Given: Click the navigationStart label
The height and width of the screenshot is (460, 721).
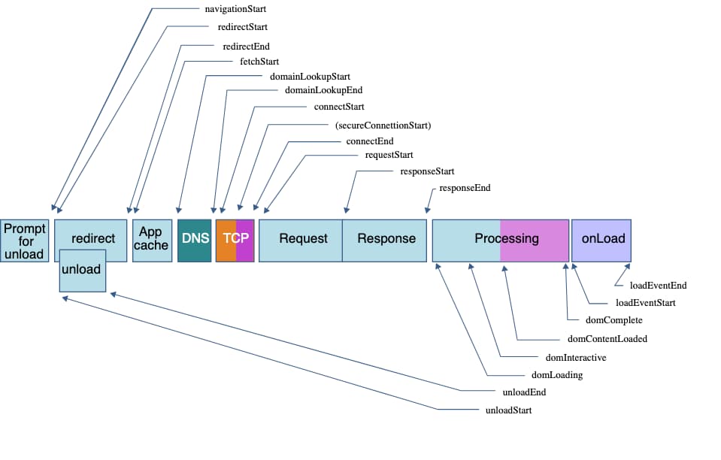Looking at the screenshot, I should tap(235, 9).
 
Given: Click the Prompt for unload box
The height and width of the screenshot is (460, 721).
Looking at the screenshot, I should tap(24, 241).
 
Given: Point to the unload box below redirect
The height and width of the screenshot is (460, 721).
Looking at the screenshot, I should tap(82, 270).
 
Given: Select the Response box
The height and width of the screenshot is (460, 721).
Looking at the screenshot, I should tap(386, 239).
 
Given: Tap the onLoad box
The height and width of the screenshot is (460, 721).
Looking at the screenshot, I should tap(602, 239).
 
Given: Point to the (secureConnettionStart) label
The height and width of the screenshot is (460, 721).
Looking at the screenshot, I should tap(383, 125).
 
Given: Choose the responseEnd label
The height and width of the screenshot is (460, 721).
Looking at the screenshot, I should tap(465, 188).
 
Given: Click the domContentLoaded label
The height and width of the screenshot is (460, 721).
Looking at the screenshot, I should tap(607, 339).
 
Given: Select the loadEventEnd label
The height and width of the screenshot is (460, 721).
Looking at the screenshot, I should tap(658, 286).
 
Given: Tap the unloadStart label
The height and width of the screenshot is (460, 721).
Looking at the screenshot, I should tap(509, 410).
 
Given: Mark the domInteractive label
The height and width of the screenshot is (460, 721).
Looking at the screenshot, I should tap(575, 357).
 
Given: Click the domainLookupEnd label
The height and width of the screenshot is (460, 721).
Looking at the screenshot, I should tap(323, 90).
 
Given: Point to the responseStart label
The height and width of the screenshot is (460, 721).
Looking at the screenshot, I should tap(427, 171).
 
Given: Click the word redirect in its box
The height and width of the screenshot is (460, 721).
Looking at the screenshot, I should tap(93, 239).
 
